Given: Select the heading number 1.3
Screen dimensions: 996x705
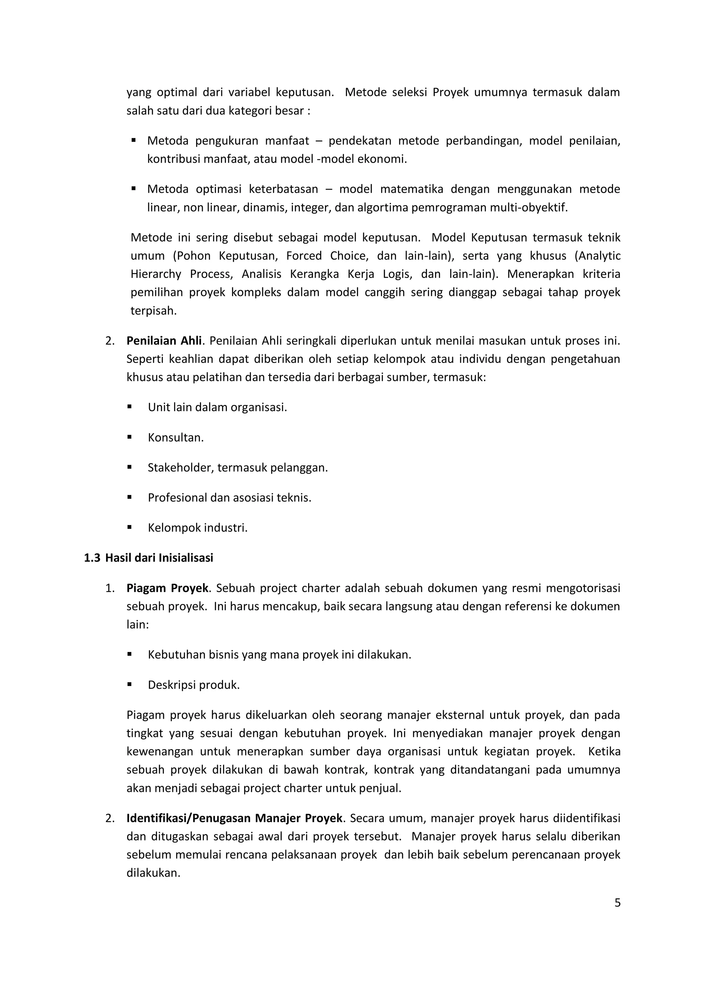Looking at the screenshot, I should click(x=92, y=558).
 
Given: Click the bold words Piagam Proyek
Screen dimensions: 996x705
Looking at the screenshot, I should click(x=167, y=588).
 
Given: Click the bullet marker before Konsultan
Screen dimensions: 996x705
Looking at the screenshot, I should click(x=129, y=437).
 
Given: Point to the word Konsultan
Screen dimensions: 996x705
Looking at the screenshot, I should click(x=175, y=438).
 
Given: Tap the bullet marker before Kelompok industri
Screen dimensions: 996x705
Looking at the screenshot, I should click(x=129, y=527).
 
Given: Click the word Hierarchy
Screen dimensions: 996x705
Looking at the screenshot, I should click(x=155, y=274).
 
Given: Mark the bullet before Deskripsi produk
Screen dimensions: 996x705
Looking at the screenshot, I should click(x=129, y=685).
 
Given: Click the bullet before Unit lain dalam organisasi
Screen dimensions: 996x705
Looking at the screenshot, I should click(x=129, y=407).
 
